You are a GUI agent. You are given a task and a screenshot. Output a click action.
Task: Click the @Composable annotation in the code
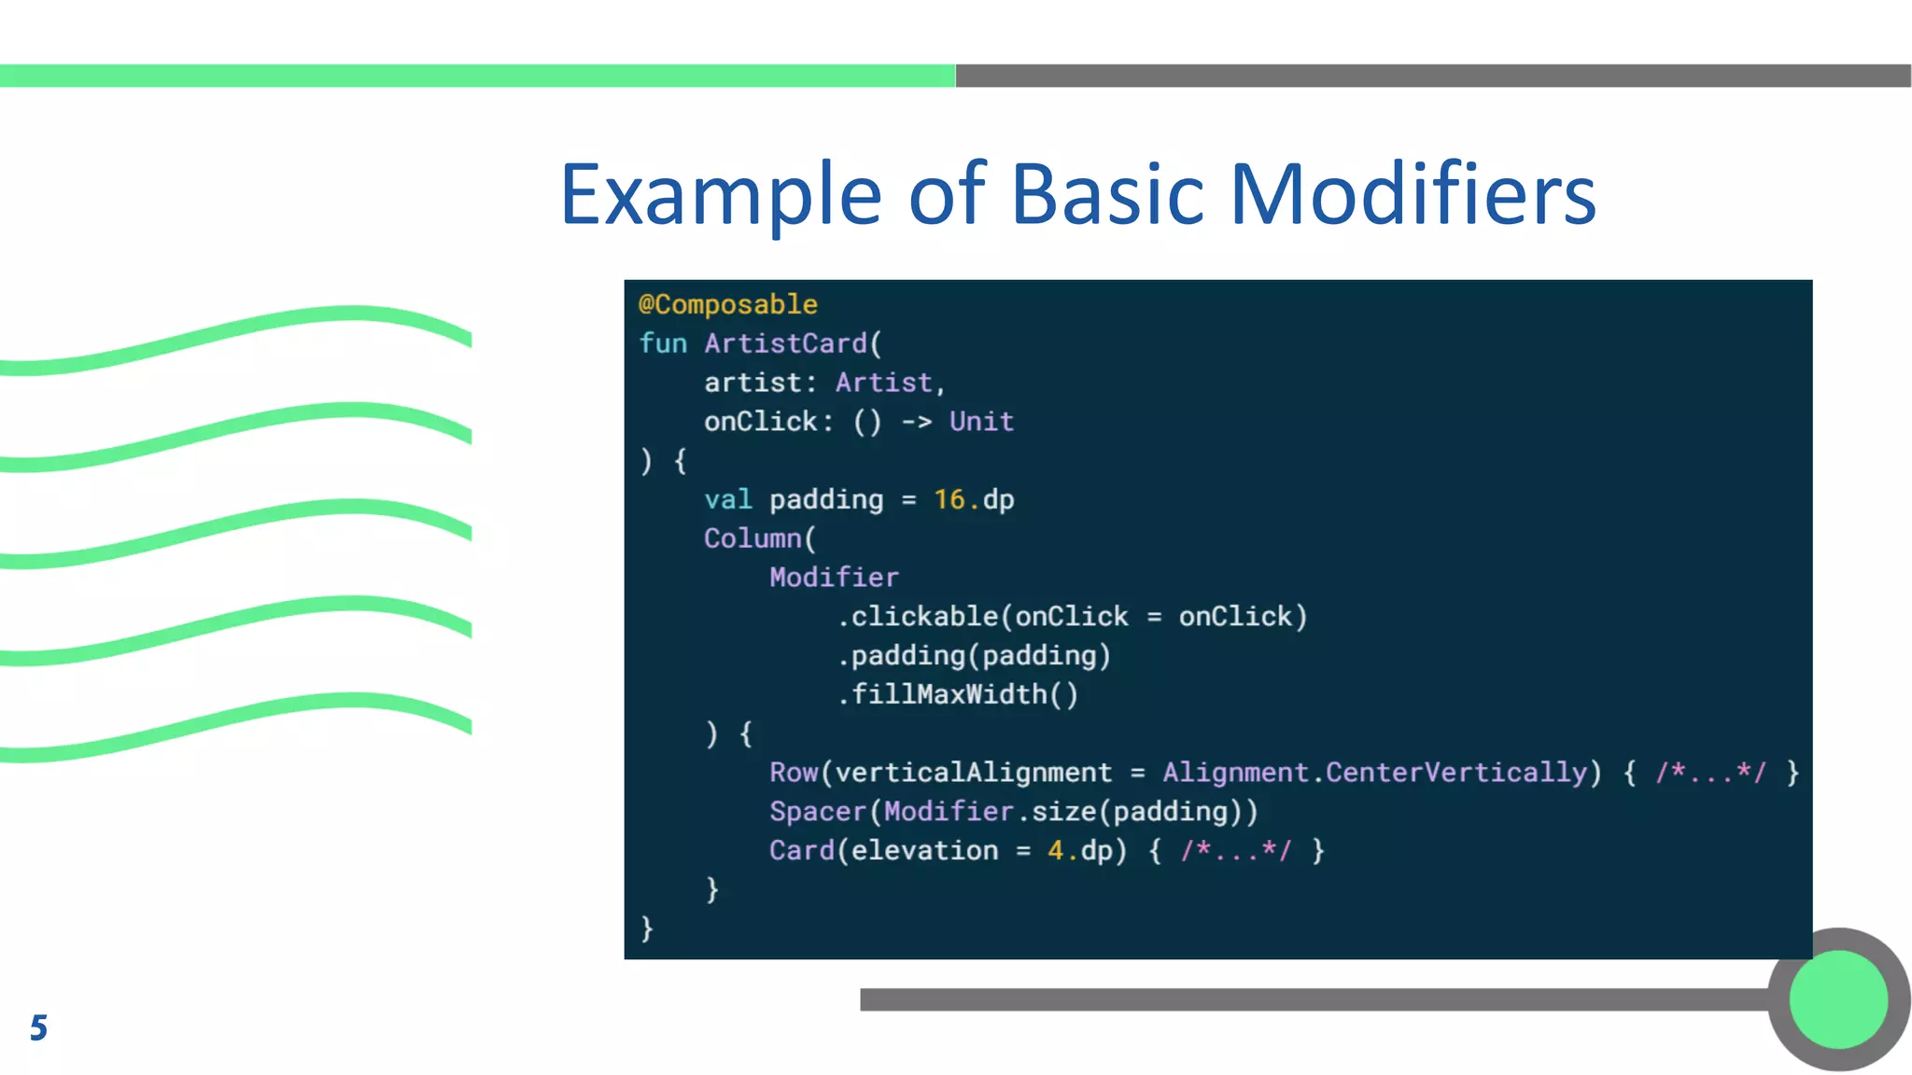728,305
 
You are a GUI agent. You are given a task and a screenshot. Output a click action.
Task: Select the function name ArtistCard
786,344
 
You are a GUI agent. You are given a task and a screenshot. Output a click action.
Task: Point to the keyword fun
663,344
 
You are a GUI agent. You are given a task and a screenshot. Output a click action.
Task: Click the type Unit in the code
981,422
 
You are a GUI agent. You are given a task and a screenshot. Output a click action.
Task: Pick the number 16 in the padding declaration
949,500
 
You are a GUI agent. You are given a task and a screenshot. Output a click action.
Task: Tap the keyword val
727,500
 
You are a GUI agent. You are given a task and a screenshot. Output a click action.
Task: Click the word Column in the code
752,539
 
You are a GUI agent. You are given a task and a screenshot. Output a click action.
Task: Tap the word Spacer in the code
818,812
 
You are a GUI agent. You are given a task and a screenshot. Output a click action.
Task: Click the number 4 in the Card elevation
1055,851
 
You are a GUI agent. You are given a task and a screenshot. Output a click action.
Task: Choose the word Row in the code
794,773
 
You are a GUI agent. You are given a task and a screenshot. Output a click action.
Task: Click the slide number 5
38,1027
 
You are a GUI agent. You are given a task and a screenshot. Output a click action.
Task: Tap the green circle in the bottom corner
1838,999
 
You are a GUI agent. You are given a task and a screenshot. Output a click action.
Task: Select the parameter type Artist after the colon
883,384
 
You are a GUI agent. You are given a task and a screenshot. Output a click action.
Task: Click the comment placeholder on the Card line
1235,851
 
